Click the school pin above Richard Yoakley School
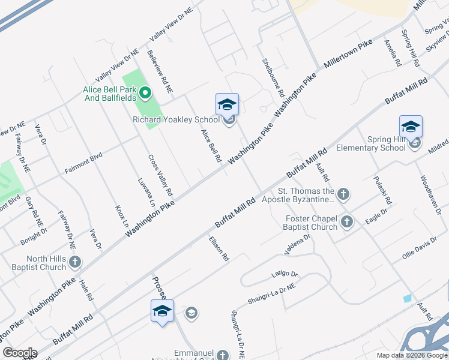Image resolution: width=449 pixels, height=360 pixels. click(x=227, y=105)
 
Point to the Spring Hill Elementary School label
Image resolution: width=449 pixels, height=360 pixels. click(x=371, y=143)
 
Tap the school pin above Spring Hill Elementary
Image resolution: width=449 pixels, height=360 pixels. click(x=411, y=127)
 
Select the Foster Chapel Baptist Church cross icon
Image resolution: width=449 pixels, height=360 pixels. click(x=346, y=223)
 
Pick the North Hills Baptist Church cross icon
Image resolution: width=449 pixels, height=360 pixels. click(x=75, y=262)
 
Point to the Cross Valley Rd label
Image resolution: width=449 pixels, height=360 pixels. click(x=160, y=176)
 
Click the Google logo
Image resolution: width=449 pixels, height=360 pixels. click(x=20, y=353)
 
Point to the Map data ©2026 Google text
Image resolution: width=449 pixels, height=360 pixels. click(x=411, y=355)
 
